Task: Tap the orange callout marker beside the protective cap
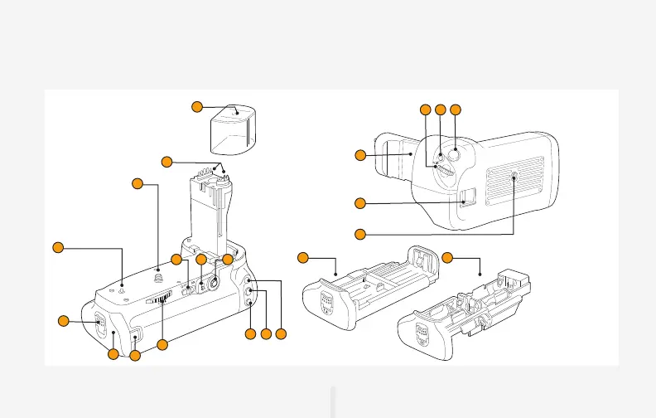pos(196,106)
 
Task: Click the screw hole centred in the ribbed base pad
pos(514,177)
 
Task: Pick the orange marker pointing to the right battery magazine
pos(447,258)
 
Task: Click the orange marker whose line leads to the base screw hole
pos(359,234)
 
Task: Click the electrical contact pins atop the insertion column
pos(221,171)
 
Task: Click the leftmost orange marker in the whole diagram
pos(58,246)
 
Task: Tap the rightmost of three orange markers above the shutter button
pos(455,109)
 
